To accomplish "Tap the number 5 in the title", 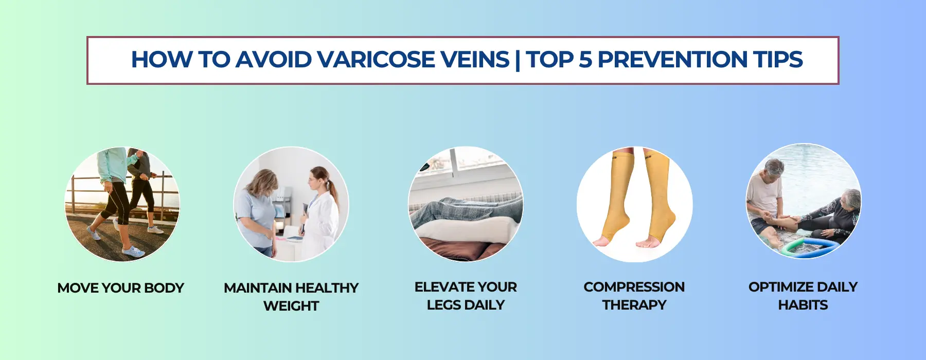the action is tap(585, 60).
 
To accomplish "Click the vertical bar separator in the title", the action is tap(518, 60).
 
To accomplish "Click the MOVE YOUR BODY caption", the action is tap(121, 288).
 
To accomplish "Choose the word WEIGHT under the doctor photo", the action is tap(291, 306).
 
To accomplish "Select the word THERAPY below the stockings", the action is tap(634, 305).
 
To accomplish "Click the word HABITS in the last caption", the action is tap(803, 305).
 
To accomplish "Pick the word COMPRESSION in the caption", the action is tap(634, 287).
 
